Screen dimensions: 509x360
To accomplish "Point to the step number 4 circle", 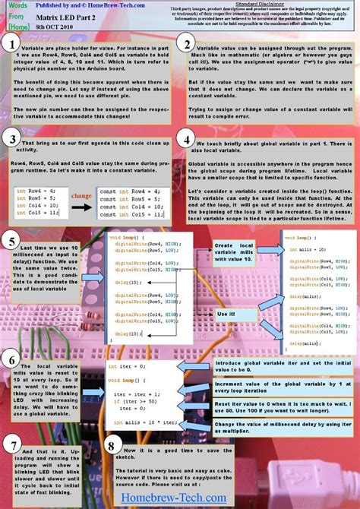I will pos(187,139).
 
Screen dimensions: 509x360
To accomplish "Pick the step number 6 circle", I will pos(11,359).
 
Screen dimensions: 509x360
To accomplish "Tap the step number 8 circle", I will pos(112,447).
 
